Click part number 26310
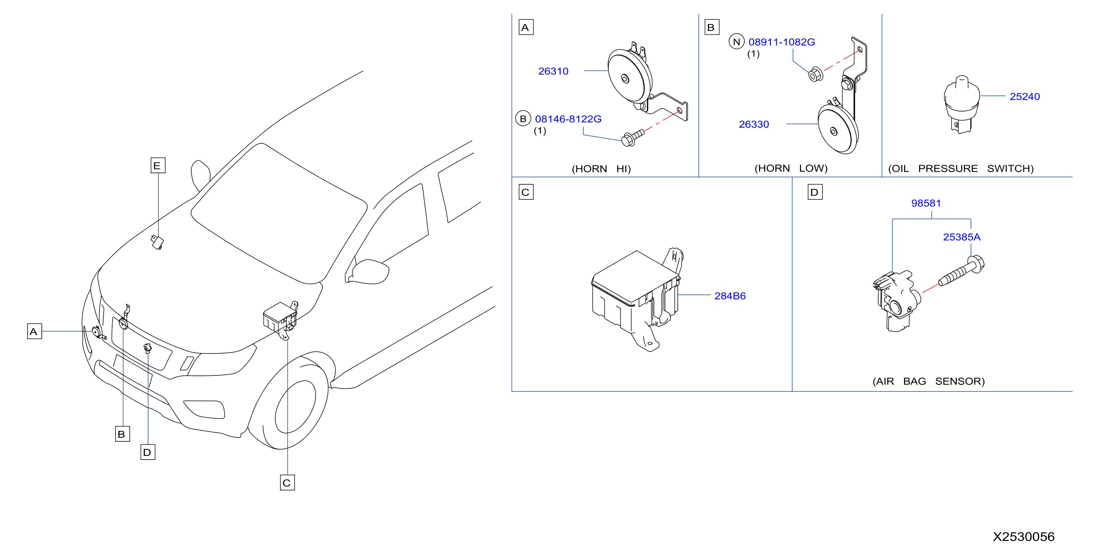point(553,71)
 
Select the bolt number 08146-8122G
point(568,119)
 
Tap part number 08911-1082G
point(781,42)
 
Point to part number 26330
point(754,124)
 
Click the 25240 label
point(1024,96)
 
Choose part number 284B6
point(730,296)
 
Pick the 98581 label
point(926,203)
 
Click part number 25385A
point(962,237)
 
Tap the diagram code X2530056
point(1024,537)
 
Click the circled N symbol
point(737,42)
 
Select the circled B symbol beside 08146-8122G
point(523,118)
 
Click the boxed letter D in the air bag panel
point(815,192)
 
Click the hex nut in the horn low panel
point(815,75)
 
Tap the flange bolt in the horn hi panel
point(632,138)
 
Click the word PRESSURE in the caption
point(948,168)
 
